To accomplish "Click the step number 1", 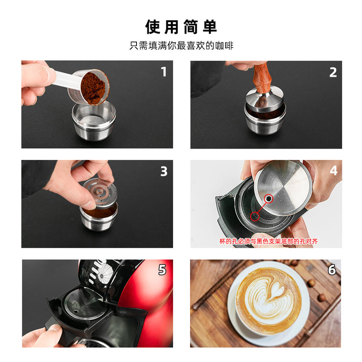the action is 164,72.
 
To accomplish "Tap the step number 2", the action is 333,72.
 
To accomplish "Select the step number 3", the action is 164,171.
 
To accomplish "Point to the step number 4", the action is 334,170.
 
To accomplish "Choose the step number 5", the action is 162,270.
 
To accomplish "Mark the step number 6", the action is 332,270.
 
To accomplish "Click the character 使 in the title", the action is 153,27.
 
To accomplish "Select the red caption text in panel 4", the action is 268,241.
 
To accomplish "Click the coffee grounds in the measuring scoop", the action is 93,88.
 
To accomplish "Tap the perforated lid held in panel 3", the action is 100,193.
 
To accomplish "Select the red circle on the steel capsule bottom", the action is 268,199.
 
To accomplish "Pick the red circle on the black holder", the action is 255,216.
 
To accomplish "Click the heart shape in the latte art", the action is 276,291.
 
